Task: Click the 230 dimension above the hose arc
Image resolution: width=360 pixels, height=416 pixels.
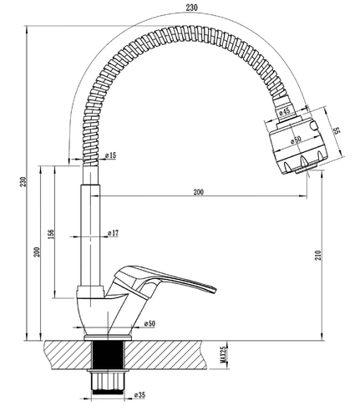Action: tap(192, 8)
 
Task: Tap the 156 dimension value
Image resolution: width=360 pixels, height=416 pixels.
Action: tap(52, 235)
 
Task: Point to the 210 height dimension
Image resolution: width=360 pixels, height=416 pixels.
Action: tap(318, 255)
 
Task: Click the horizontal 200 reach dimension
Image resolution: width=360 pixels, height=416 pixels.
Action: tap(198, 192)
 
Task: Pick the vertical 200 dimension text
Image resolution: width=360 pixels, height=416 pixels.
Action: tap(37, 251)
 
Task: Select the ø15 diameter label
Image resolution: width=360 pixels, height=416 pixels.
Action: tap(110, 155)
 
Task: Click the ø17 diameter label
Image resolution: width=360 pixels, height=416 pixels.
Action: tap(113, 233)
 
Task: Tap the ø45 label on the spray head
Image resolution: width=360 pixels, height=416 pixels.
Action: tap(285, 111)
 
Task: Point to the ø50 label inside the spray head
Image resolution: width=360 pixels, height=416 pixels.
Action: tap(296, 140)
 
